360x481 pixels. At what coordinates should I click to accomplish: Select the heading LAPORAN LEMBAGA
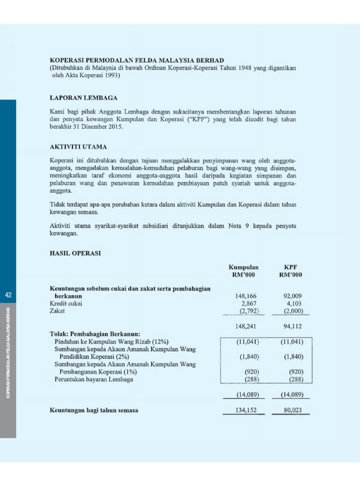(x=83, y=98)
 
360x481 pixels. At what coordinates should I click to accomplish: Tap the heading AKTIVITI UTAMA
(x=78, y=146)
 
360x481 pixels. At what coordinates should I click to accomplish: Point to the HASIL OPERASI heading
(x=75, y=253)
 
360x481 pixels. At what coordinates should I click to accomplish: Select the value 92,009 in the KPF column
(x=291, y=295)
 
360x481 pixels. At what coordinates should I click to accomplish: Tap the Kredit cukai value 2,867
(x=248, y=303)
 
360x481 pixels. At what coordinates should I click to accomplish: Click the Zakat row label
(x=58, y=311)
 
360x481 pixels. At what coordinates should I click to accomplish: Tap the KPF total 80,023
(x=291, y=410)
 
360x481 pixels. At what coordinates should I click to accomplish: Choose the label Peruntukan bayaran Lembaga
(x=94, y=379)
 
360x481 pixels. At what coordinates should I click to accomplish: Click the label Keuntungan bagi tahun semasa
(x=94, y=410)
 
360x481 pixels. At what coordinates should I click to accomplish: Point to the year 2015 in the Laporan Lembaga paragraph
(x=114, y=127)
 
